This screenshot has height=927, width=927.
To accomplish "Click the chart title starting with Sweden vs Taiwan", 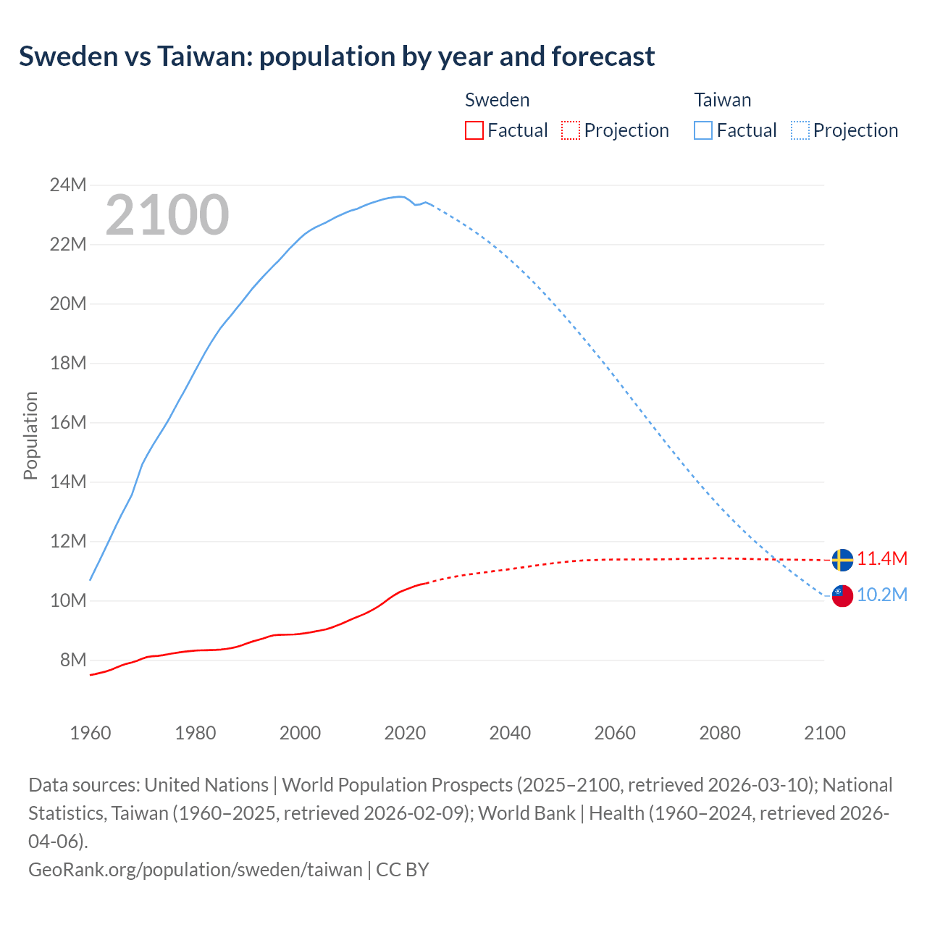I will point(337,56).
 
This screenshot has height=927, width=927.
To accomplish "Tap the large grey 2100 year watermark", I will point(167,215).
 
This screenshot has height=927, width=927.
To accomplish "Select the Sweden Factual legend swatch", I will point(474,130).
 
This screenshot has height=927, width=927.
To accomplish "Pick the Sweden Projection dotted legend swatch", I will point(571,130).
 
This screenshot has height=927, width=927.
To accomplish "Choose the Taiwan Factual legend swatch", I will point(703,130).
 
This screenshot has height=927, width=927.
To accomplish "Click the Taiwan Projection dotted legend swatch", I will point(800,130).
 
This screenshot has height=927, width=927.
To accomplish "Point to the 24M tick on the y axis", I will point(68,185).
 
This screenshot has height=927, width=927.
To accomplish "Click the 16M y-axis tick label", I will point(68,422).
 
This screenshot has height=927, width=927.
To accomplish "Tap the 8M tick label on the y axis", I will point(73,660).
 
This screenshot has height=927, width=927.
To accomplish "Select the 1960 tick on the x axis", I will point(91,733).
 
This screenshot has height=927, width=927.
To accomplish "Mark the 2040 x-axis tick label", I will point(510,733).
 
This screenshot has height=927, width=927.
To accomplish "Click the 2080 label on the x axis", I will point(720,733).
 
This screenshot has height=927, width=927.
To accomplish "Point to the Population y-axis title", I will point(30,435).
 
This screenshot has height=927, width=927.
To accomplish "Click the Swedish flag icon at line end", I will point(842,560).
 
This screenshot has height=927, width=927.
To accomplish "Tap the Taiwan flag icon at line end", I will point(842,595).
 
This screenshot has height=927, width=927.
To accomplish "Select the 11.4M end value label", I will point(882,559).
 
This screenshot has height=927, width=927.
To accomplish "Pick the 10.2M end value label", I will point(882,595).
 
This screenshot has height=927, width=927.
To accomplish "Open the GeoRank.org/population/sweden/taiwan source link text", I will point(196,869).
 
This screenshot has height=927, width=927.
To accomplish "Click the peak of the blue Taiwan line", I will point(399,196).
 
